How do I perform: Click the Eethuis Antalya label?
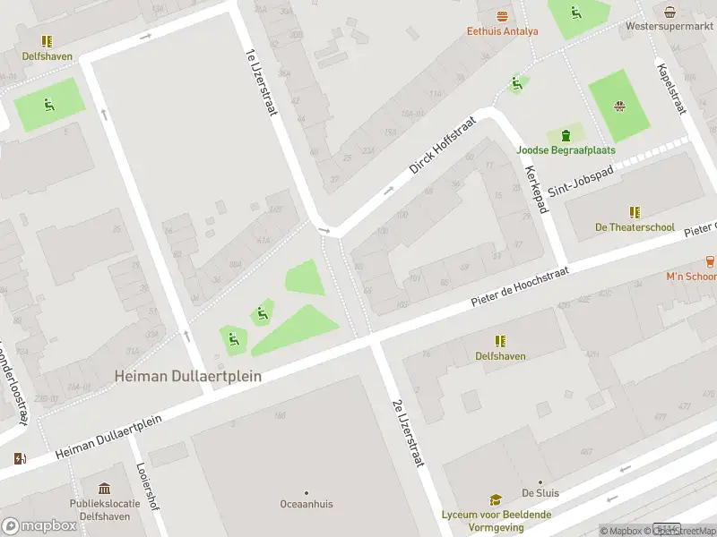502,31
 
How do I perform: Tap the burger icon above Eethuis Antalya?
502,16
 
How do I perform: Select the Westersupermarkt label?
669,27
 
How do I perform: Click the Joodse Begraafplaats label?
565,150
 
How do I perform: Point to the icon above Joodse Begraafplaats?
566,135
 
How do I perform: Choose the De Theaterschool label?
635,227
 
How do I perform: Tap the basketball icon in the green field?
618,107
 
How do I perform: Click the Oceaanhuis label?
306,504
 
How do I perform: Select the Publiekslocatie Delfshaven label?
105,509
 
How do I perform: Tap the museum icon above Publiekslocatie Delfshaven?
105,489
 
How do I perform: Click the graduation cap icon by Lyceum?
496,500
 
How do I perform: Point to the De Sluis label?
540,493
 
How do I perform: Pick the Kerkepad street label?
535,188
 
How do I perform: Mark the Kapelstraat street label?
671,89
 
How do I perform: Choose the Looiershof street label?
147,486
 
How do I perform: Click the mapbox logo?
39,526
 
